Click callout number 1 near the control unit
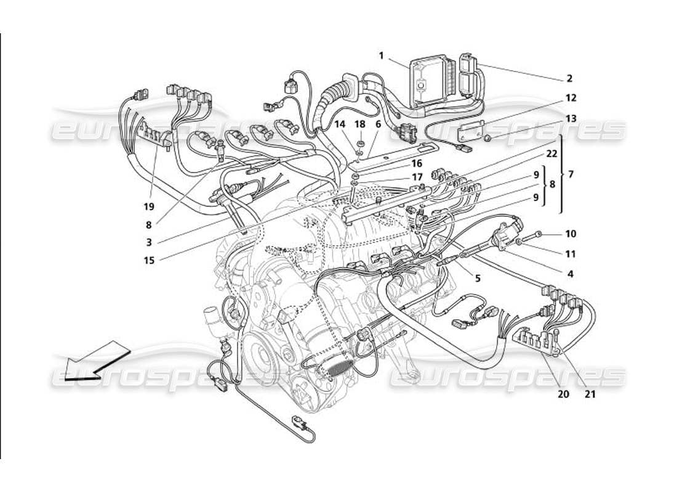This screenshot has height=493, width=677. [381, 55]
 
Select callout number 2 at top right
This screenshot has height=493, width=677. [569, 79]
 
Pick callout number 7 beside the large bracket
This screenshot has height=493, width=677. [571, 174]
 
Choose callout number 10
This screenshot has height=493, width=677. [571, 234]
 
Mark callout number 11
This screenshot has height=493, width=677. [571, 254]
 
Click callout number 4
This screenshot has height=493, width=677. [571, 274]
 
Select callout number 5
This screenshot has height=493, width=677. [478, 279]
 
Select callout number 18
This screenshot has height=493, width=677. [360, 124]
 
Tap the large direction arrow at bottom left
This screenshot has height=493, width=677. [95, 361]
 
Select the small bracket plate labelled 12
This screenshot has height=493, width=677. [473, 132]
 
